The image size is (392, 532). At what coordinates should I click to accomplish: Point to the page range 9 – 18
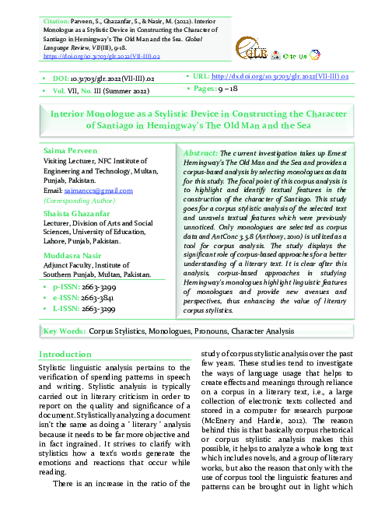(x=230, y=90)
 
